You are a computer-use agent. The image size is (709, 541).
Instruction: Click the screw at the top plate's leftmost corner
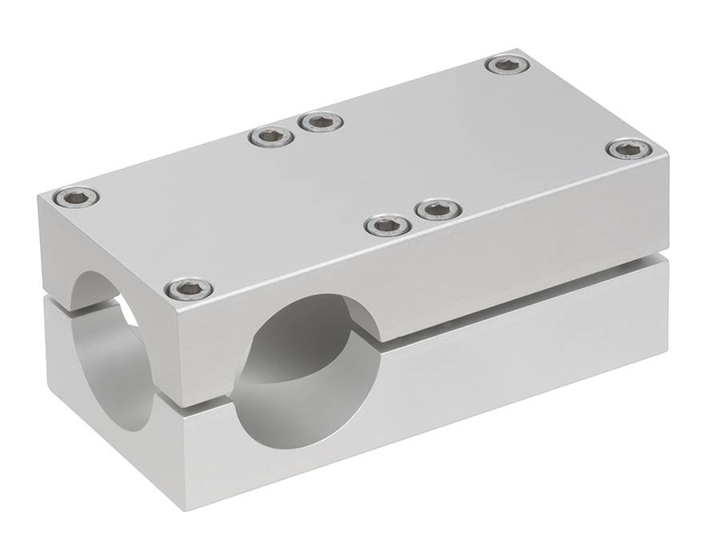click(77, 196)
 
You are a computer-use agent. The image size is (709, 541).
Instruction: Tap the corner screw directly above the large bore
click(190, 289)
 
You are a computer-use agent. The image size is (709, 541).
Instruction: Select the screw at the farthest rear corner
click(507, 65)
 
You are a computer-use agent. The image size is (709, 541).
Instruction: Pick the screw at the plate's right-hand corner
click(629, 149)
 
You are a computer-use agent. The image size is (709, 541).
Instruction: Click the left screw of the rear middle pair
click(271, 137)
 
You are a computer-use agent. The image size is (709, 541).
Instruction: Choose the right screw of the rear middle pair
click(321, 122)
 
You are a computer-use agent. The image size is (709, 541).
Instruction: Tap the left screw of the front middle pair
click(388, 226)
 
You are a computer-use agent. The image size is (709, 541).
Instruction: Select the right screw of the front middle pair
click(439, 210)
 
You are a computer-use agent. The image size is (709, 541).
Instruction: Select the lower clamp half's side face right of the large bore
click(520, 360)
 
